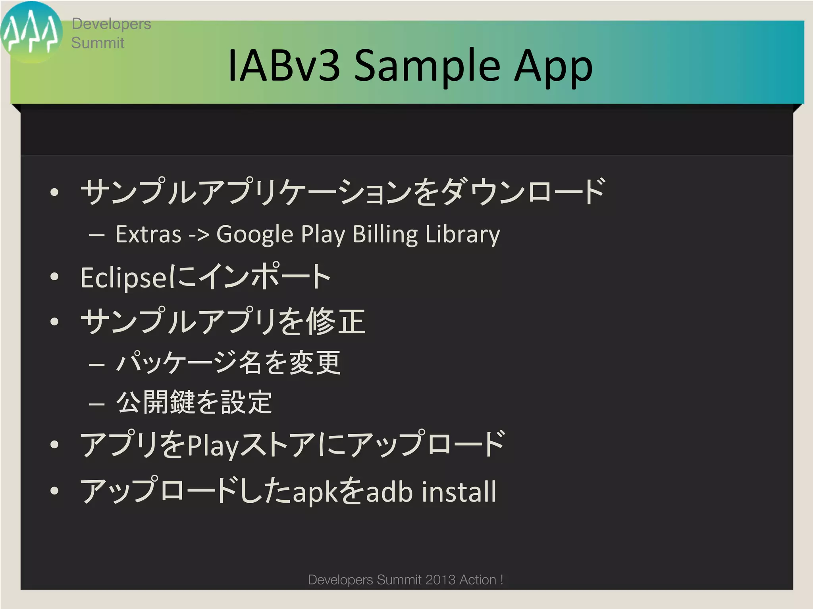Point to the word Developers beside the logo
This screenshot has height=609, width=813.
tap(111, 24)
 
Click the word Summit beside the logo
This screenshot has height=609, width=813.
tap(98, 43)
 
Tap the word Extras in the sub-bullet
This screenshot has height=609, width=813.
tap(148, 234)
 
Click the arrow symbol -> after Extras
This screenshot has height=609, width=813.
tap(198, 235)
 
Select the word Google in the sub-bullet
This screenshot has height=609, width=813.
tap(254, 235)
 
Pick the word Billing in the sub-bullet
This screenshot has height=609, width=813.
tap(385, 235)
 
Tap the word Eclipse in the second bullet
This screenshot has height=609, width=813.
tap(124, 278)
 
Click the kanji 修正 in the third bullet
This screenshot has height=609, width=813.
tap(335, 321)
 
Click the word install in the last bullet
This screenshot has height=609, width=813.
tap(459, 492)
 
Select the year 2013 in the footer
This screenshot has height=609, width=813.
tap(441, 580)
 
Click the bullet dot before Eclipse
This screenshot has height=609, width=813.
tap(54, 277)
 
